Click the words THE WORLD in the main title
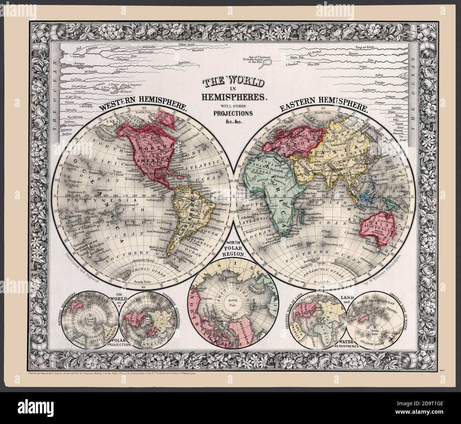coord(233,83)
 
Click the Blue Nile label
coord(314,64)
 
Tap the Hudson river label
coord(67,135)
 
